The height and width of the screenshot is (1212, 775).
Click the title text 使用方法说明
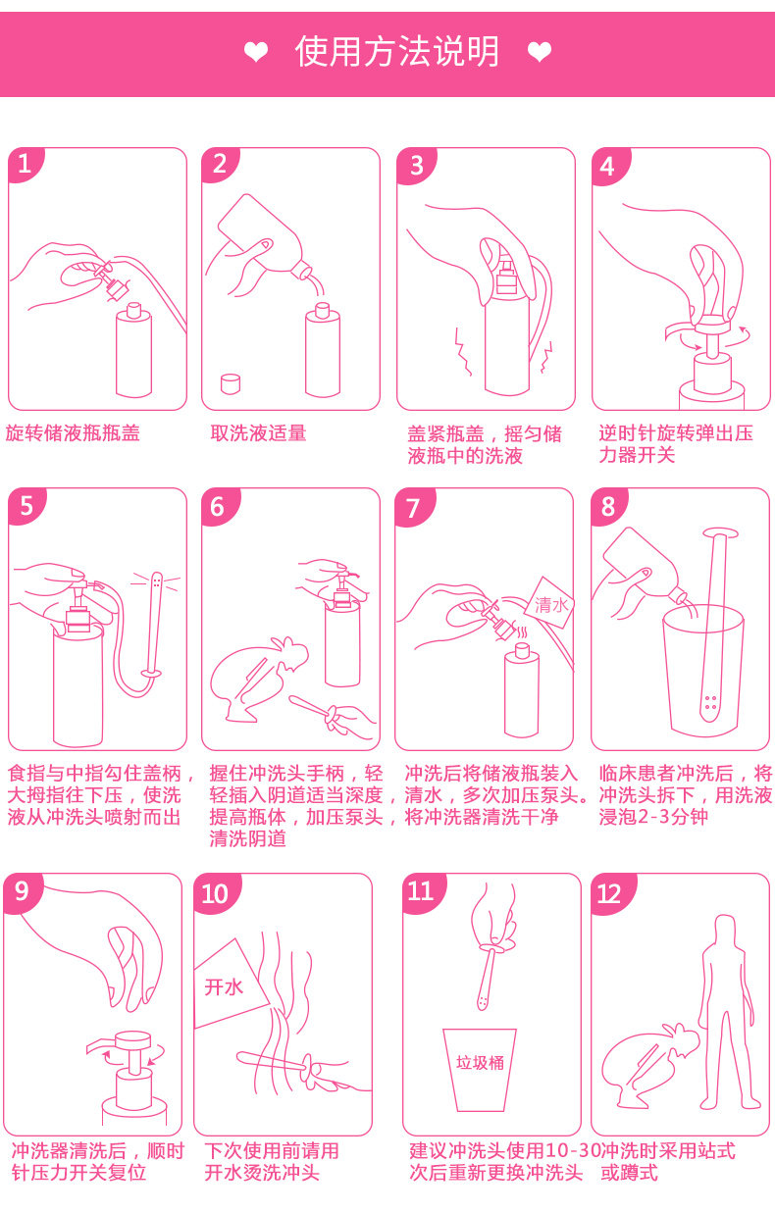pos(396,52)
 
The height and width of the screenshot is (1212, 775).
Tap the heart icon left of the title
pos(256,52)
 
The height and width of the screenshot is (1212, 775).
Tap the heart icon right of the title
pos(540,52)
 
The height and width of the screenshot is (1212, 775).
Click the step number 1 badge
pos(25,165)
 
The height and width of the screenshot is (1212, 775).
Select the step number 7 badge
pos(413,507)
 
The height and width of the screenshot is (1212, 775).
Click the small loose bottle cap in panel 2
pos(231,383)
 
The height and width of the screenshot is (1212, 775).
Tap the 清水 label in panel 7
pos(550,604)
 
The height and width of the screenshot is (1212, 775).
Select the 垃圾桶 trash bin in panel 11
pos(480,1070)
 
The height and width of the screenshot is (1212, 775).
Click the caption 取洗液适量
pos(258,433)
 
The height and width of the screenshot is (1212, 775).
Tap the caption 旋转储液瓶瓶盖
pos(73,433)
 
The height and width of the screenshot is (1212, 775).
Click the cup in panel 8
pos(703,670)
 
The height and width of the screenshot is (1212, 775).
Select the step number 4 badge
pos(609,166)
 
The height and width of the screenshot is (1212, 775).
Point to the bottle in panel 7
pos(522,690)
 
